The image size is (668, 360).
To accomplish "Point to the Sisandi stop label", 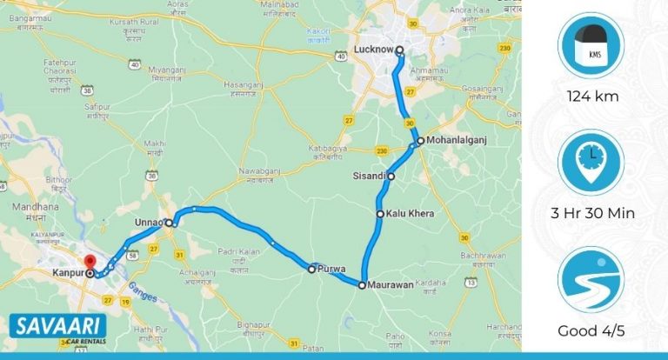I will point(369,176).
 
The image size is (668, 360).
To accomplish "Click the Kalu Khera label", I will point(410,213).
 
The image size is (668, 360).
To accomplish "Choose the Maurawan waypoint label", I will point(389,284).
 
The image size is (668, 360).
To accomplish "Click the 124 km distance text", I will point(591,97).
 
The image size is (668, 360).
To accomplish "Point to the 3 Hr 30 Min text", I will point(591,213).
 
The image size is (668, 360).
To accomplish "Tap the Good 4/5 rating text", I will point(591,330).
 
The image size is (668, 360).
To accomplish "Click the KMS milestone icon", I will point(591,47).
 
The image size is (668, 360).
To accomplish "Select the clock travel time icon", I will point(591,163).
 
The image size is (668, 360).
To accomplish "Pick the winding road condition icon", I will point(591,280).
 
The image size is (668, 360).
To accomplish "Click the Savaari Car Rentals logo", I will point(57,330).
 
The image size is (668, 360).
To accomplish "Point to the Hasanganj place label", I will point(244,86).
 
